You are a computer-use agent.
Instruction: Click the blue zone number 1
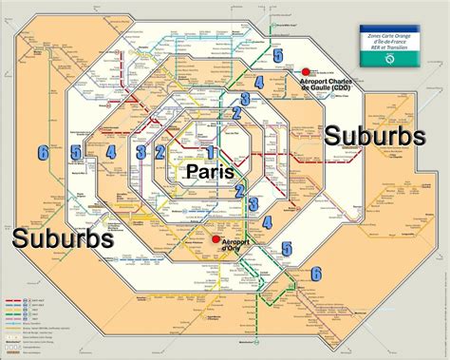click(x=210, y=152)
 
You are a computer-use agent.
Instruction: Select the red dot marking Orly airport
click(x=216, y=239)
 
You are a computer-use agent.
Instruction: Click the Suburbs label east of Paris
click(x=374, y=136)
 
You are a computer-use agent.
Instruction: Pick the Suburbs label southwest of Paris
click(x=63, y=237)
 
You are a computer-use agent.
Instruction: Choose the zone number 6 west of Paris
click(x=43, y=151)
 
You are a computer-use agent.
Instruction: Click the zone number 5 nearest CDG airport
click(x=276, y=56)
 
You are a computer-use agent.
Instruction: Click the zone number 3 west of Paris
click(x=141, y=152)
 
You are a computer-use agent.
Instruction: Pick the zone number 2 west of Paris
click(x=160, y=152)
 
